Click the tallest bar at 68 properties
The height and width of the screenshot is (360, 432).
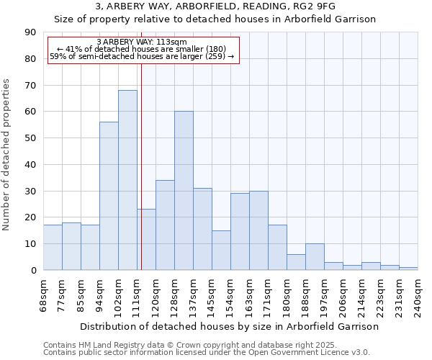tap(127, 180)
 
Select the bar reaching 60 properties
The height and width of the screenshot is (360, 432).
tap(184, 191)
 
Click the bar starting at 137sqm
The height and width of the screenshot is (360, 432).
tap(202, 229)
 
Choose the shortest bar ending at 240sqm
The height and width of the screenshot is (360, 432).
tap(408, 269)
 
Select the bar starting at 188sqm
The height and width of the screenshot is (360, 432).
tap(315, 257)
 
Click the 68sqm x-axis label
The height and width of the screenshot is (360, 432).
tap(44, 294)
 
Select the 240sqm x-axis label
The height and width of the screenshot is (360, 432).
tap(418, 294)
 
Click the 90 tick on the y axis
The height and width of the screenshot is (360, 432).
tap(30, 32)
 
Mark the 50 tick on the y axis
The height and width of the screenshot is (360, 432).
tap(30, 138)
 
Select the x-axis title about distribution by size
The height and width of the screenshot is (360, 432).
tap(229, 326)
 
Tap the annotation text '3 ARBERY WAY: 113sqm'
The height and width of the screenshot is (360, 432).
tap(141, 42)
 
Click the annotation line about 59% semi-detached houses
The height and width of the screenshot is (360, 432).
tap(142, 56)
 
